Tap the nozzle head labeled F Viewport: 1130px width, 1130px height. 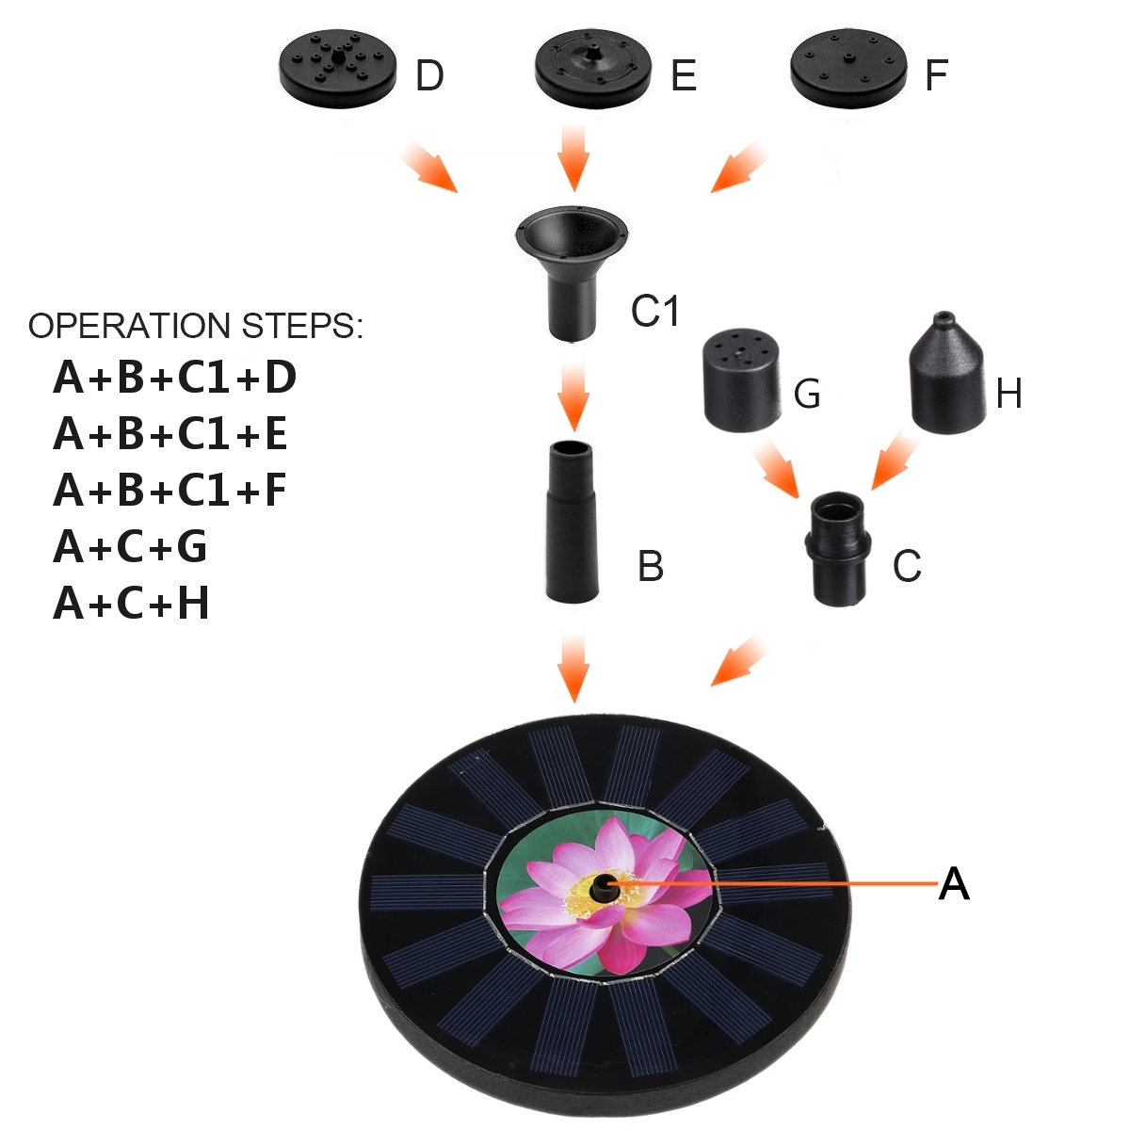tap(848, 68)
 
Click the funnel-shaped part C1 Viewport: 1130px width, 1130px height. tap(571, 268)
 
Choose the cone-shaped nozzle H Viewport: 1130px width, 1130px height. tap(945, 377)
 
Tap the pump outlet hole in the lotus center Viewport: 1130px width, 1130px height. tap(603, 886)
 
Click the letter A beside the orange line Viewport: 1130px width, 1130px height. tap(953, 884)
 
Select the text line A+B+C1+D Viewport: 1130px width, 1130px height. tap(174, 378)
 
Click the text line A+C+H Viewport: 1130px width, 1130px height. tap(131, 604)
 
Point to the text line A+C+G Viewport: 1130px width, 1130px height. tap(130, 547)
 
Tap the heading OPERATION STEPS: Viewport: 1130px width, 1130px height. tap(195, 326)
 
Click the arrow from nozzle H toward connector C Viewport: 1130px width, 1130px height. tap(894, 460)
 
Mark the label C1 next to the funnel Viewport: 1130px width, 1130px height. tap(655, 310)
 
